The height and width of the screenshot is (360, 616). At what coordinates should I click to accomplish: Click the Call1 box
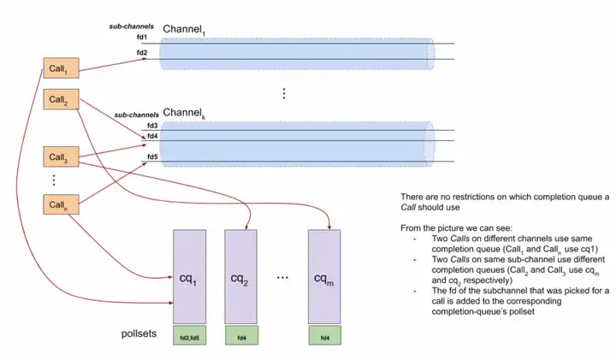click(61, 68)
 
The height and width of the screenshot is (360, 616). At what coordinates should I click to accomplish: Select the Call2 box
click(61, 99)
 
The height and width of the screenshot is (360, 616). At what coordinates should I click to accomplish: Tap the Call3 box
click(61, 156)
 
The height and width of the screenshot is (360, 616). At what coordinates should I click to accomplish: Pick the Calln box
click(61, 204)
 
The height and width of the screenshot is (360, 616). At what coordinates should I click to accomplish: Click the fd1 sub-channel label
click(142, 38)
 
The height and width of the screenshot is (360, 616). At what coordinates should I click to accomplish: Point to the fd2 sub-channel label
click(142, 53)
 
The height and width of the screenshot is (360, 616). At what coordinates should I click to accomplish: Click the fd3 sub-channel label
click(152, 126)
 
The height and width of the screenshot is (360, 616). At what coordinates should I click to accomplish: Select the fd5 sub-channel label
click(152, 157)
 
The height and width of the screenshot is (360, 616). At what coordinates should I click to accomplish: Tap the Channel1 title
click(184, 29)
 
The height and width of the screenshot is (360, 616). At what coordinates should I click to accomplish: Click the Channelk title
click(184, 113)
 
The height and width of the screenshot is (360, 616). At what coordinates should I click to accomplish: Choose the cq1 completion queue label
click(188, 279)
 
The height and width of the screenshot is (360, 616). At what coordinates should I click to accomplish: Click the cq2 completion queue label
click(240, 279)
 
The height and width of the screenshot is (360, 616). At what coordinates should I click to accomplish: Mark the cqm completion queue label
click(323, 279)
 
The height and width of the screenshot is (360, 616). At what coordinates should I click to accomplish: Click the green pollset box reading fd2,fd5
click(189, 335)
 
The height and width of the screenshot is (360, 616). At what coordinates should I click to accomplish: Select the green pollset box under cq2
click(241, 335)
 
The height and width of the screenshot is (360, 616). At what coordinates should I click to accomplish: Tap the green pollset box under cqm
click(325, 335)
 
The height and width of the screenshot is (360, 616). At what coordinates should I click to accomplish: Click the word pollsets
click(139, 333)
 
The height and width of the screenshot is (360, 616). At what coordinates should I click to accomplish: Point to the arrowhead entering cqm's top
click(329, 227)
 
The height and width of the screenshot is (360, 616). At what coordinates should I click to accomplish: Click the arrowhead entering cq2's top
click(246, 227)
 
